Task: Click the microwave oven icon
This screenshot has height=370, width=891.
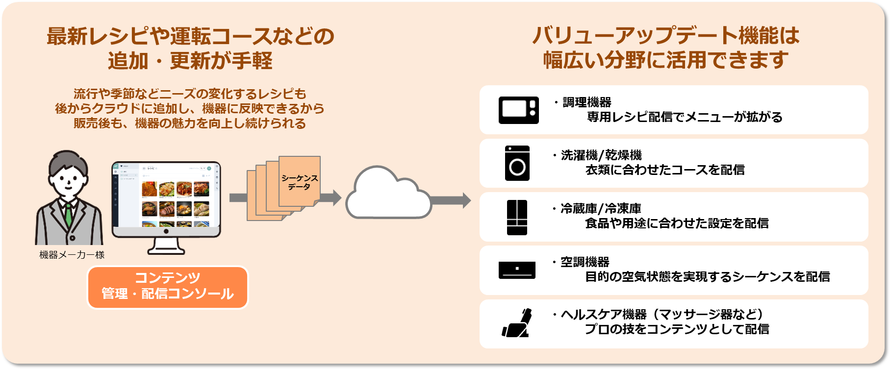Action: (518, 110)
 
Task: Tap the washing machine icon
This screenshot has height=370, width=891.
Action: (517, 163)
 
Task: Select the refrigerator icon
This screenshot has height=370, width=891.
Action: (517, 217)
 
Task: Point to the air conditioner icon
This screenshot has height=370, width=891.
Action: (517, 270)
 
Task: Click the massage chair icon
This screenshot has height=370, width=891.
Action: (517, 323)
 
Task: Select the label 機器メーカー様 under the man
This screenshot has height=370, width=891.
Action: (72, 255)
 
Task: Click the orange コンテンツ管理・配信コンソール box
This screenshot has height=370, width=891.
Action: (168, 287)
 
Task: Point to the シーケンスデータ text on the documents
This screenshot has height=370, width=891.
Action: (299, 182)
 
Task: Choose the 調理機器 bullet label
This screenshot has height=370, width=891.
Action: (587, 102)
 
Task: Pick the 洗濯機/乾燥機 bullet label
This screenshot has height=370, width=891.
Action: (601, 155)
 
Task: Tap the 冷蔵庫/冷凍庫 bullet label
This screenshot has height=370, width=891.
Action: (601, 209)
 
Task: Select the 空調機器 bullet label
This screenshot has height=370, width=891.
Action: (585, 262)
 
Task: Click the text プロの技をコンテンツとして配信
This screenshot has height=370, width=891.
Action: (677, 329)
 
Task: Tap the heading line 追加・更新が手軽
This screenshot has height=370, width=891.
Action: (190, 61)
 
